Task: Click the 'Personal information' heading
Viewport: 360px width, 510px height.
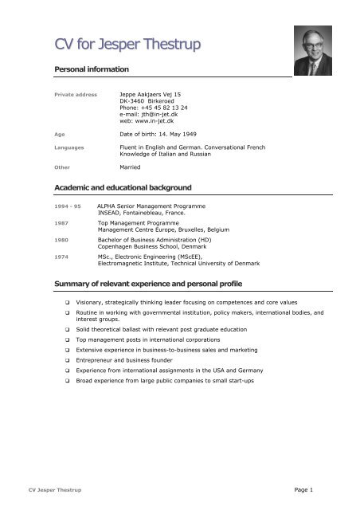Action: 99,70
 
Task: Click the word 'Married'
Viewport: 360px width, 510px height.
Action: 130,168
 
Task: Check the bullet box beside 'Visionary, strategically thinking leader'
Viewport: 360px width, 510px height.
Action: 68,304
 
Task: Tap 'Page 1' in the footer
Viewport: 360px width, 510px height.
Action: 321,487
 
